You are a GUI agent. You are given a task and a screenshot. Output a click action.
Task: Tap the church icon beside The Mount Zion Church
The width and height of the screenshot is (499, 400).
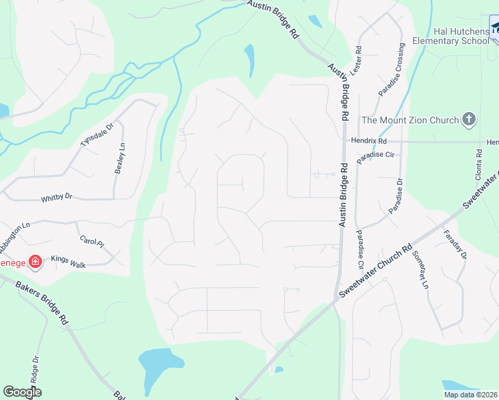469,120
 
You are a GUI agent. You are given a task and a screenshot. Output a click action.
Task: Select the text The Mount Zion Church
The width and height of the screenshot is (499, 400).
410,121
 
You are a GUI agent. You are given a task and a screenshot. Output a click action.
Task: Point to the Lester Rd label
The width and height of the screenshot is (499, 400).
359,59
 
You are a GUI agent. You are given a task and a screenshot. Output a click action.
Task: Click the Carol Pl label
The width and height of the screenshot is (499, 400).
91,241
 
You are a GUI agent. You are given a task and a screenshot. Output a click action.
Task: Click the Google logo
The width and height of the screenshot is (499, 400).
22,392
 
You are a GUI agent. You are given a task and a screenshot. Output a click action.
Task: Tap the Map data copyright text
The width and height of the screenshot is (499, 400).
470,395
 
